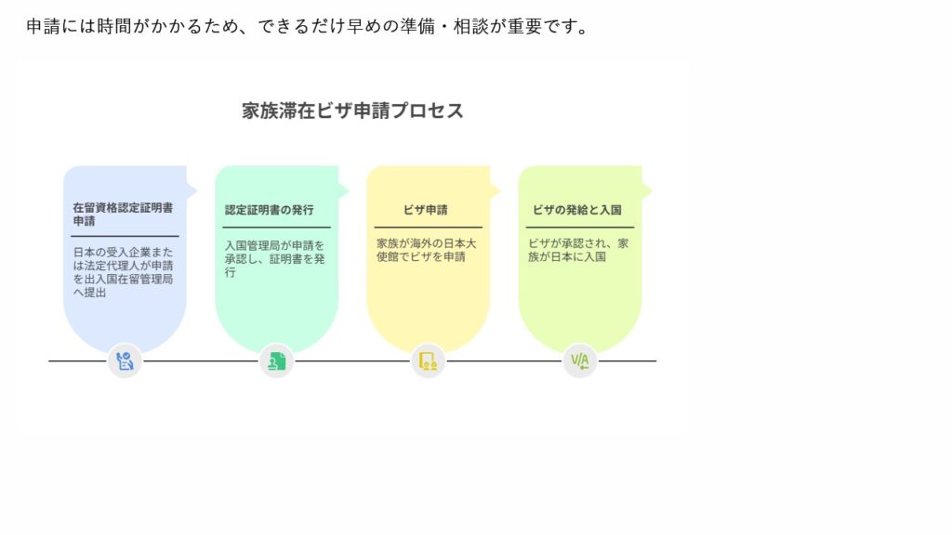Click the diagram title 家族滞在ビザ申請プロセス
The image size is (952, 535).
pos(352,111)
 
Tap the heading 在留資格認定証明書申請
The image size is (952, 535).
pos(123,215)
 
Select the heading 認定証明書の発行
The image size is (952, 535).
pos(269,210)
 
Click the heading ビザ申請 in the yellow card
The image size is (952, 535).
pos(426,210)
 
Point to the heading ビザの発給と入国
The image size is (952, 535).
pos(576,210)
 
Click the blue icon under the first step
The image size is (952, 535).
pos(125,361)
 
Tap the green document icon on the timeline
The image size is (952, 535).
pos(276,361)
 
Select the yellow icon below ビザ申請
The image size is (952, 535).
pos(428,361)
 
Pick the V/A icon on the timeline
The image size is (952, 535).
pos(580,361)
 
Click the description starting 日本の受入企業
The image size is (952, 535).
pos(124,272)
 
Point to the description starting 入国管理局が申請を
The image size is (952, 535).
pos(274,259)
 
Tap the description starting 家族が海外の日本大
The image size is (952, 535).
pos(426,250)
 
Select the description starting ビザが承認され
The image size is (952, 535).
pos(578,250)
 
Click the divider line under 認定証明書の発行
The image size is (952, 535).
pos(276,228)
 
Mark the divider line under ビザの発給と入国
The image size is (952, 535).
pos(580,228)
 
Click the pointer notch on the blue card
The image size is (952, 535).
pos(192,191)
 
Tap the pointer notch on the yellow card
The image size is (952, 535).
pos(496,191)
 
